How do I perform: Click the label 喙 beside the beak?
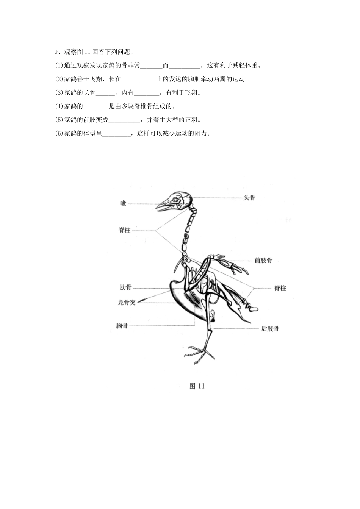coord(123,204)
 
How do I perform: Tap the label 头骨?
coord(249,197)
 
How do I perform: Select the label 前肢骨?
coord(263,261)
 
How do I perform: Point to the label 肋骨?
coord(125,287)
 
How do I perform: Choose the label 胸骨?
coord(122,325)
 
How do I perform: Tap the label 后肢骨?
coord(270,328)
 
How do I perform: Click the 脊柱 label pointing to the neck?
coord(125,230)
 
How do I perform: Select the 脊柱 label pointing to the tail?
coord(280,288)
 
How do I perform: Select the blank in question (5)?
coord(124,120)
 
